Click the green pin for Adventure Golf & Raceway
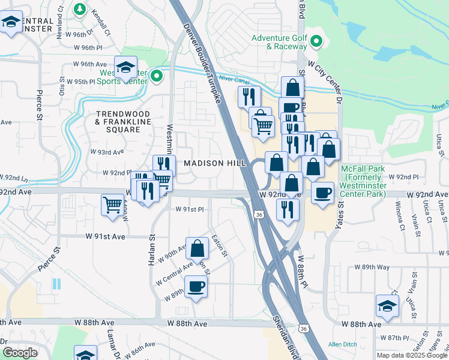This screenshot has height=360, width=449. [317, 41]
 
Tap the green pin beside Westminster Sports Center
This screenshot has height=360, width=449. [157, 76]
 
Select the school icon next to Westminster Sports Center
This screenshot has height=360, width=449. [125, 67]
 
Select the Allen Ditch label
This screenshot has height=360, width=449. [342, 344]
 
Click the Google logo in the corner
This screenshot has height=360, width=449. [20, 353]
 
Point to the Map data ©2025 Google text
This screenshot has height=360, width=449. [411, 355]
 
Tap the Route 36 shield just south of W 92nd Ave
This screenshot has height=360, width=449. [259, 214]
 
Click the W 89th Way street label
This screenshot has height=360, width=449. [372, 266]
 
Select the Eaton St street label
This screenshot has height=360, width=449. [220, 247]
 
